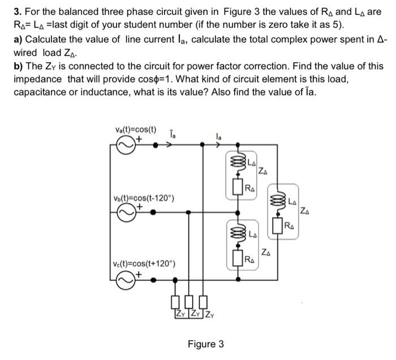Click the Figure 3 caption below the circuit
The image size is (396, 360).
(x=206, y=344)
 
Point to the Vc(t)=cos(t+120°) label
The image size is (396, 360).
(x=144, y=264)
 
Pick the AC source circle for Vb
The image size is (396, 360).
(x=126, y=212)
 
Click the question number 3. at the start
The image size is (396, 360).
(x=18, y=11)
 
